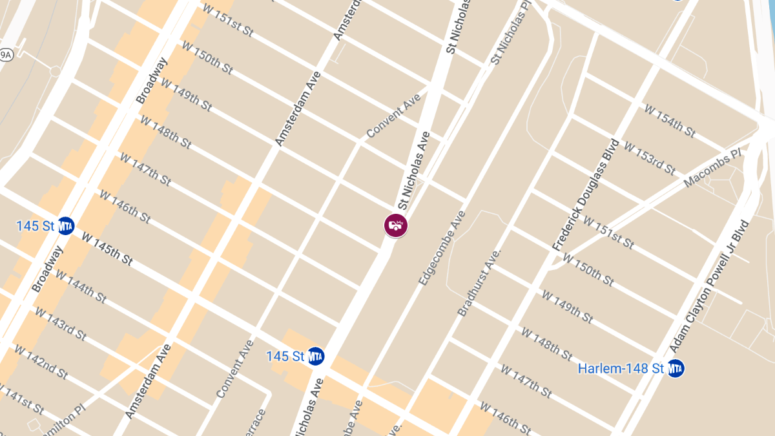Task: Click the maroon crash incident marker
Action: pos(395,225)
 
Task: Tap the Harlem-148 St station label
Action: pos(621,369)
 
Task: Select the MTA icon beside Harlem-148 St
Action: pos(675,368)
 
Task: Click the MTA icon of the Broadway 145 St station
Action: pos(65,225)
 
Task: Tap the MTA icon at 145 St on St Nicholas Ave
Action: pos(315,356)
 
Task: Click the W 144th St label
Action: pos(81,286)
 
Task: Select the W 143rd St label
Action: pos(60,324)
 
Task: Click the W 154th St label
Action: pos(669,120)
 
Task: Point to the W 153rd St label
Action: pos(648,158)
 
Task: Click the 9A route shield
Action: pos(6,55)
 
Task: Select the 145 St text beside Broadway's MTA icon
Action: pos(36,226)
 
